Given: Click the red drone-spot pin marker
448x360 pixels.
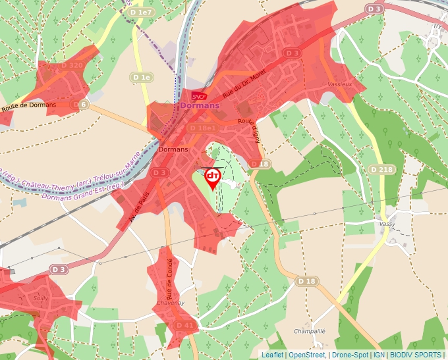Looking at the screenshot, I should (213, 178).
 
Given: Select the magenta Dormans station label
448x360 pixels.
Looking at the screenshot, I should (199, 105).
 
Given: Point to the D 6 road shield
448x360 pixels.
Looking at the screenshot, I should (80, 104).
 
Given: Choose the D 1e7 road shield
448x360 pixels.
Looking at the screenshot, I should (142, 13).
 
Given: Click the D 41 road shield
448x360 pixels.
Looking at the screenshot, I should (185, 325).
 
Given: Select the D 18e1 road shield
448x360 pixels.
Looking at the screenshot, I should (202, 128).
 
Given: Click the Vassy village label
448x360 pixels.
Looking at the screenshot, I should (388, 224).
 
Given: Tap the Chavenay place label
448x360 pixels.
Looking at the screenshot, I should (170, 303).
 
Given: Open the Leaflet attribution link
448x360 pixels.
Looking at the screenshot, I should (272, 355).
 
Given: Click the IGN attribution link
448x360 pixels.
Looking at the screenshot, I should (379, 355).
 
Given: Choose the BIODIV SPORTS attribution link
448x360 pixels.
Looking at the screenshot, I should (416, 355).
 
